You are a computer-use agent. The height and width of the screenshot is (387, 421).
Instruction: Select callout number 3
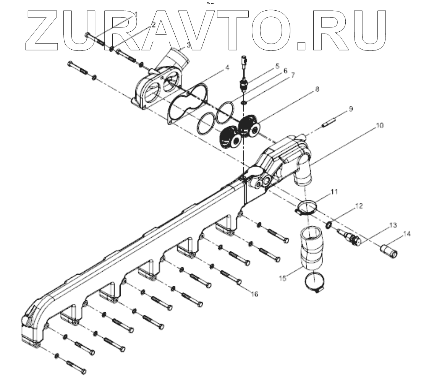pos(188,45)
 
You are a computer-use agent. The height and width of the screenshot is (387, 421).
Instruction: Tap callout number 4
pos(227,68)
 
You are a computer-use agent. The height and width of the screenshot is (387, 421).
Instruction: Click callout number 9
pos(350,108)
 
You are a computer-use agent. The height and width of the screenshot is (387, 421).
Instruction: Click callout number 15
pos(282,279)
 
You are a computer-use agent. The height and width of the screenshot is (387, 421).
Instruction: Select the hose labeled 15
pos(310,248)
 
